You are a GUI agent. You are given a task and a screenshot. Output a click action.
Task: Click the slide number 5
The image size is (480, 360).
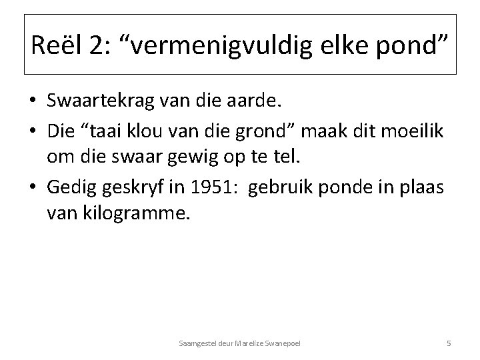(449, 343)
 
